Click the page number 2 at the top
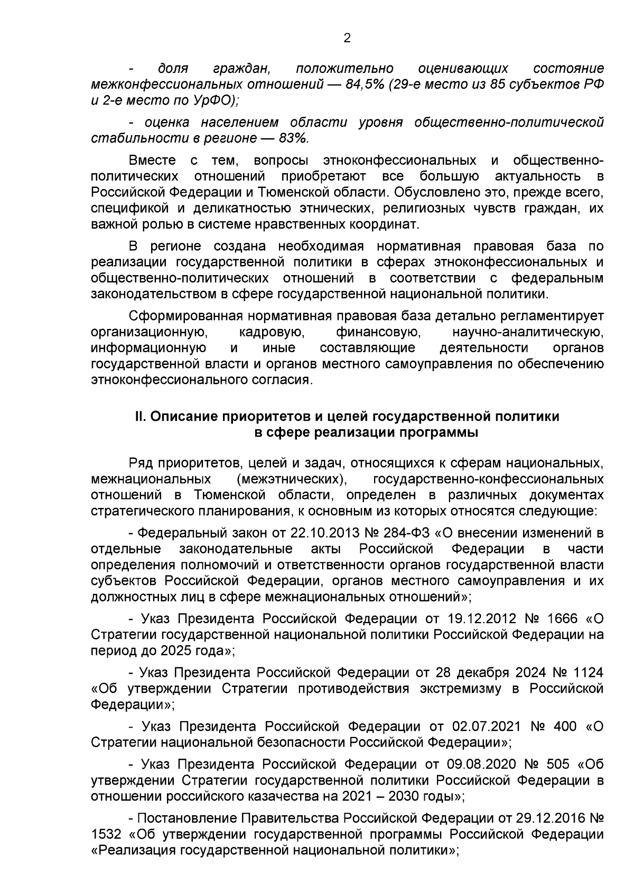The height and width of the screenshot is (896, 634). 347,37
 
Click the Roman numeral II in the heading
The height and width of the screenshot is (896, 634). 139,417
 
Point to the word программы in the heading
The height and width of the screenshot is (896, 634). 439,432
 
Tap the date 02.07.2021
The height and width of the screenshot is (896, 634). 487,727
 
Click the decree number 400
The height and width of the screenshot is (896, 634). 565,727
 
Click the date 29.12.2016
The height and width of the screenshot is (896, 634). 537,818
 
